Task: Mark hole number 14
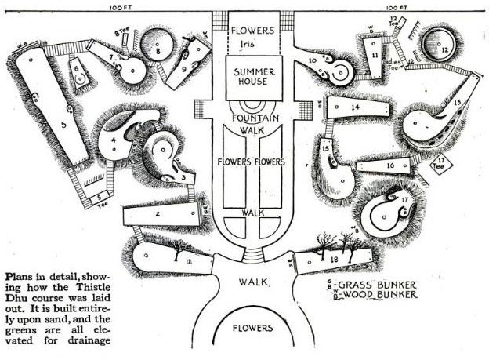click(x=355, y=106)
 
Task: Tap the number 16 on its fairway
click(x=389, y=165)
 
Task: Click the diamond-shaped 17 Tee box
click(x=443, y=164)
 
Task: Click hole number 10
click(x=313, y=60)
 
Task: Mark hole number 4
click(x=114, y=141)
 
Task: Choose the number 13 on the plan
click(x=455, y=104)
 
